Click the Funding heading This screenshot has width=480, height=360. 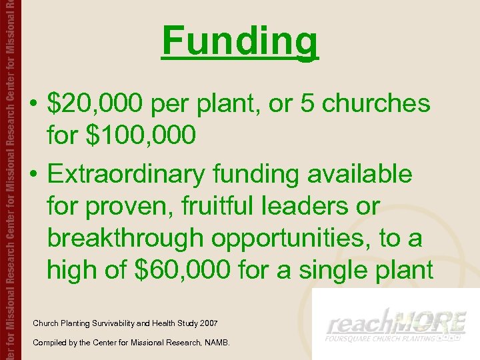(x=240, y=41)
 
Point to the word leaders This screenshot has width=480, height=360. (x=301, y=206)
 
